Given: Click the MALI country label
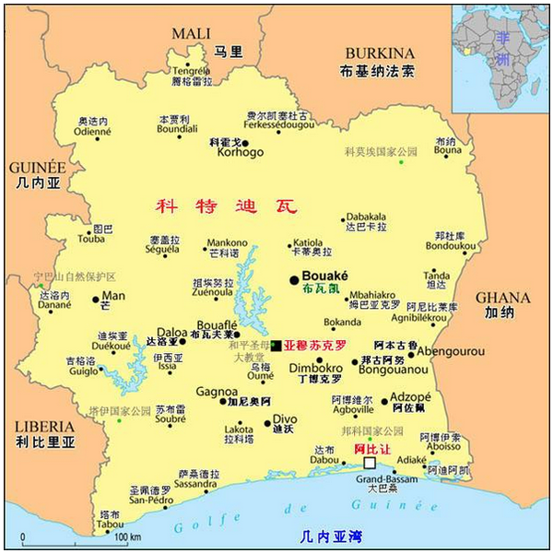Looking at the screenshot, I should (191, 34).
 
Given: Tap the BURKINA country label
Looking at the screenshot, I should (378, 53).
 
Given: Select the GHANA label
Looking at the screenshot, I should (502, 298).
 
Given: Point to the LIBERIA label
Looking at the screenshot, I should (43, 427).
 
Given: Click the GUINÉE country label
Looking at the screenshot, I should (36, 168).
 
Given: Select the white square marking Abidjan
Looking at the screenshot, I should (370, 463).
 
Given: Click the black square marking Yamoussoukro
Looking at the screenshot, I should (276, 345).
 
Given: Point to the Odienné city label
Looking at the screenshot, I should (93, 131).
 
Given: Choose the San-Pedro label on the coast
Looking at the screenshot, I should (150, 500).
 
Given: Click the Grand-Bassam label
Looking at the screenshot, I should (382, 477).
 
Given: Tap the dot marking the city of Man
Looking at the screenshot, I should (96, 299).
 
